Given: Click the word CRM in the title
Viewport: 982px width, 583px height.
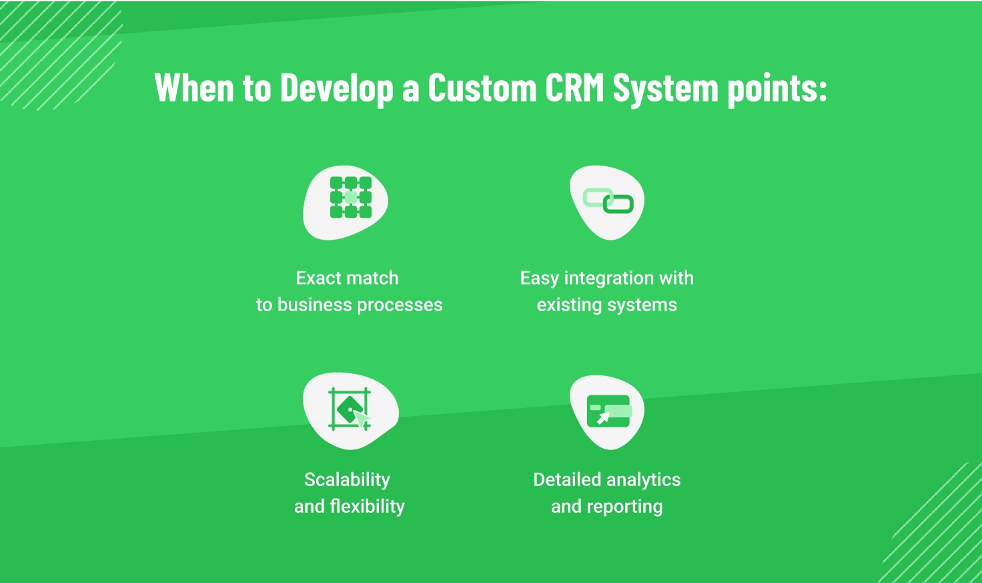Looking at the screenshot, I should pyautogui.click(x=574, y=87).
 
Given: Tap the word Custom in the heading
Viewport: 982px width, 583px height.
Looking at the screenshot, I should pyautogui.click(x=482, y=87).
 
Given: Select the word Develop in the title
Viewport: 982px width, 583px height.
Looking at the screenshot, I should pyautogui.click(x=336, y=89).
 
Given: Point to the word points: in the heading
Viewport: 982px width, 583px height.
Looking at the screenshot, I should pyautogui.click(x=777, y=89).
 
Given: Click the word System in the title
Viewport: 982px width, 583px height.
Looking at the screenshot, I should pyautogui.click(x=664, y=89).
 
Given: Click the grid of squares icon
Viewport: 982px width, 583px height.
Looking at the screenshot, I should pyautogui.click(x=351, y=198).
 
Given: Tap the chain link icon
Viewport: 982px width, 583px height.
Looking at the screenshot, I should pyautogui.click(x=608, y=200).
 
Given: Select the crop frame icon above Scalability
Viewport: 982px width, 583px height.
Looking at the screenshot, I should pyautogui.click(x=350, y=409).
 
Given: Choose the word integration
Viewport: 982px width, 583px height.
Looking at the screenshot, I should pyautogui.click(x=608, y=278).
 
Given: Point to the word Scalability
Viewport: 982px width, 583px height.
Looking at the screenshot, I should pyautogui.click(x=347, y=479).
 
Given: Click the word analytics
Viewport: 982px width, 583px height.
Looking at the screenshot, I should pyautogui.click(x=644, y=480).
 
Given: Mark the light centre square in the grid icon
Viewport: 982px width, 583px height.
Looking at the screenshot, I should pyautogui.click(x=351, y=198).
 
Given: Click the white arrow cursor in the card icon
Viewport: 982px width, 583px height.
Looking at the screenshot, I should pyautogui.click(x=603, y=418).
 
